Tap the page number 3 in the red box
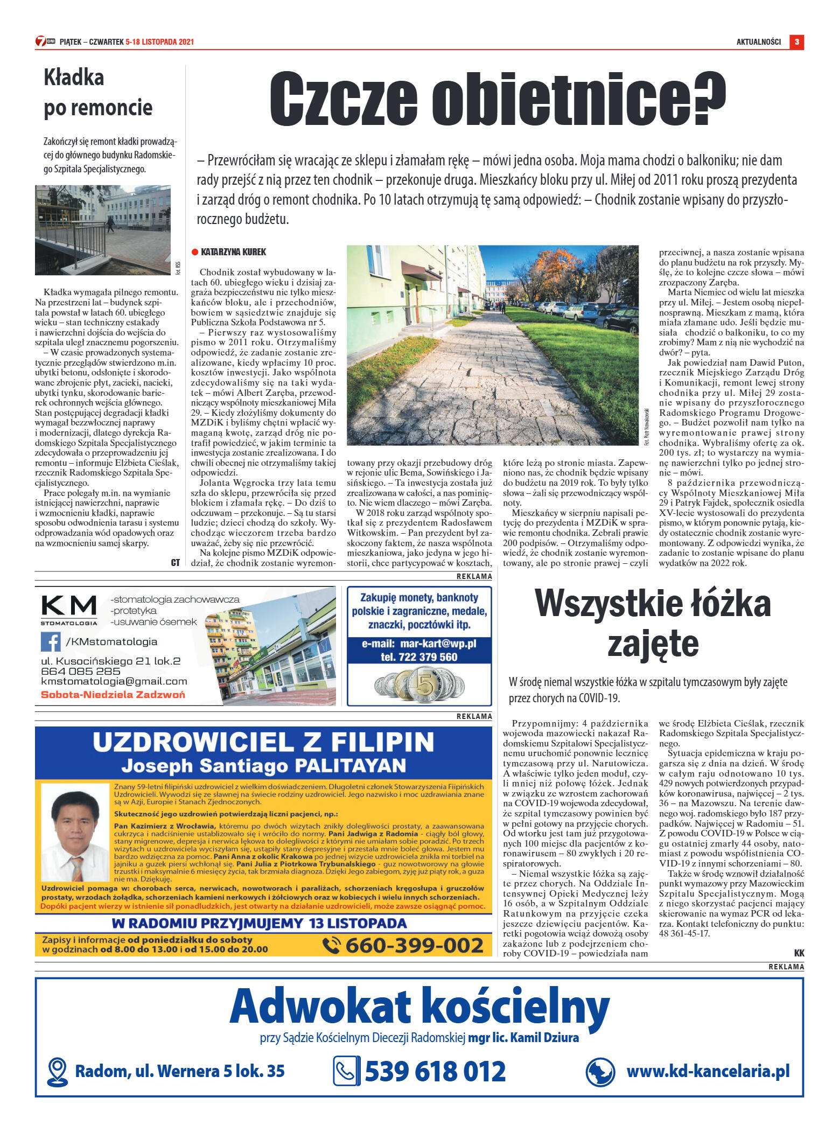point(796,42)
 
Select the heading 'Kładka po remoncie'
point(98,93)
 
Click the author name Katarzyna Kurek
point(233,252)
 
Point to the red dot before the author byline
point(195,252)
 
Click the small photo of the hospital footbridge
point(103,230)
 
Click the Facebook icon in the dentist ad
point(51,641)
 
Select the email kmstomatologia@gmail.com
point(114,681)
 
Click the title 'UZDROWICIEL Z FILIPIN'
point(263,742)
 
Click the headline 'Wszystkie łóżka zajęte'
point(652,623)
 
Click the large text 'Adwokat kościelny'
point(419,1005)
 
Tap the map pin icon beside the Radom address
point(57,1072)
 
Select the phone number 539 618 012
point(435,1071)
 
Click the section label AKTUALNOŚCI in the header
point(758,42)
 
